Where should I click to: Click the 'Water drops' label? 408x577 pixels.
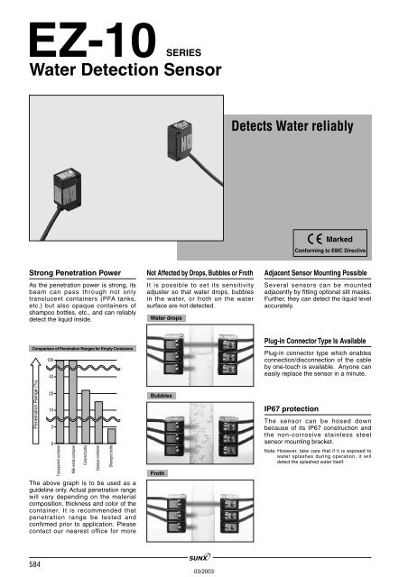point(166,318)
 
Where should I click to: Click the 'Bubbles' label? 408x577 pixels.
point(162,395)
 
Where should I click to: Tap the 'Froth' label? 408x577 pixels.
point(159,472)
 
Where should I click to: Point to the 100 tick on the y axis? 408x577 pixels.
point(38,361)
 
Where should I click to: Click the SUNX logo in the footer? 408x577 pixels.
point(205,559)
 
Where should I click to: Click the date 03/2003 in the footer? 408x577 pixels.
point(204,570)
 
